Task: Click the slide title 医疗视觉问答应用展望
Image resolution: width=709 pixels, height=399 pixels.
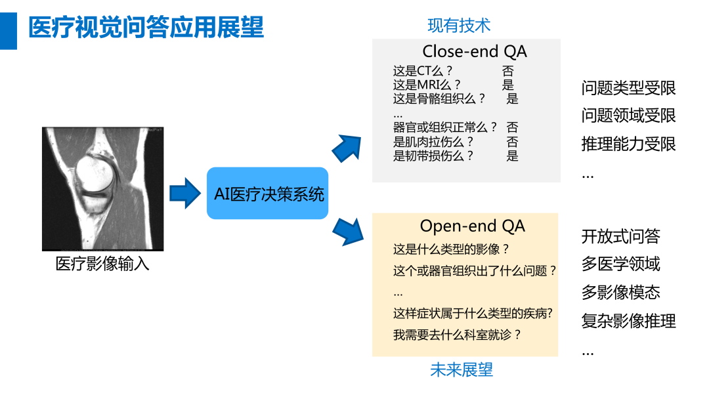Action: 146,28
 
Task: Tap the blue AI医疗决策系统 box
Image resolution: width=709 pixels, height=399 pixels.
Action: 268,194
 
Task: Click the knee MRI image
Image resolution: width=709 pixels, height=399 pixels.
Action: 102,188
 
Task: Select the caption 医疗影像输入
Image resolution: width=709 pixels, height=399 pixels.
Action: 102,264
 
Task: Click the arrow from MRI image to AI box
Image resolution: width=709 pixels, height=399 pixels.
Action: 184,193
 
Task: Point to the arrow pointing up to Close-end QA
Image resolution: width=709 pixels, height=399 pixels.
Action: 347,148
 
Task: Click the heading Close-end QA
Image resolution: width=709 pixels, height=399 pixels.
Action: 474,51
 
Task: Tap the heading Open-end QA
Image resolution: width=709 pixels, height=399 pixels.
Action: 472,226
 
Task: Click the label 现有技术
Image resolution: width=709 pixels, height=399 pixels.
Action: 459,26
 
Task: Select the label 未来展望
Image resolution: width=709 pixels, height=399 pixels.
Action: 462,369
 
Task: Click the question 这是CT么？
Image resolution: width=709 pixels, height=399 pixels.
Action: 423,71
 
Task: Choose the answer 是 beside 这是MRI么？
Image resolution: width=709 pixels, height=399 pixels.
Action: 507,85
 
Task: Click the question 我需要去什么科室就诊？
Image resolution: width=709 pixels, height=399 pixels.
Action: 457,335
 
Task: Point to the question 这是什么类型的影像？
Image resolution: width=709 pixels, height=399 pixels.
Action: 452,249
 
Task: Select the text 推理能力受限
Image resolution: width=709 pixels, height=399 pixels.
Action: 628,144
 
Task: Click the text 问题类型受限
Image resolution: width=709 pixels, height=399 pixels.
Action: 628,88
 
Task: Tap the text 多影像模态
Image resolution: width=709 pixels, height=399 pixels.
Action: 620,292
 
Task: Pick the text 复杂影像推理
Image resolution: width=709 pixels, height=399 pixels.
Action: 628,321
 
